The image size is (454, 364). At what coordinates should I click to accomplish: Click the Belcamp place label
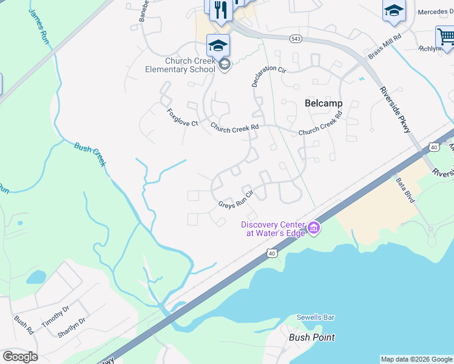323,103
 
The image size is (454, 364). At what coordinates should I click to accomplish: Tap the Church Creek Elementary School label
180,65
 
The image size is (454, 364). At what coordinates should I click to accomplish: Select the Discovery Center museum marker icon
314,227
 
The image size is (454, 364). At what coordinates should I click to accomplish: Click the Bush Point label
312,337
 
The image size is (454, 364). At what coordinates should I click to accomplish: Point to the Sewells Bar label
315,317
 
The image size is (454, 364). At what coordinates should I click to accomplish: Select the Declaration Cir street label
268,76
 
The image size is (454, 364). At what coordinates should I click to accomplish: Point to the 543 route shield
296,39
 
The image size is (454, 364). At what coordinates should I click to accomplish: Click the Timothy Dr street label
56,315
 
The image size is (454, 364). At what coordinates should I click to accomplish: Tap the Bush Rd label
24,324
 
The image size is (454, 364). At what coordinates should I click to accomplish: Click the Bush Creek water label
90,154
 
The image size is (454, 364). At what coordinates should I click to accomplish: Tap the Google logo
20,357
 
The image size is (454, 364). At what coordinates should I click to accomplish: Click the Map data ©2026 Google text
416,359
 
